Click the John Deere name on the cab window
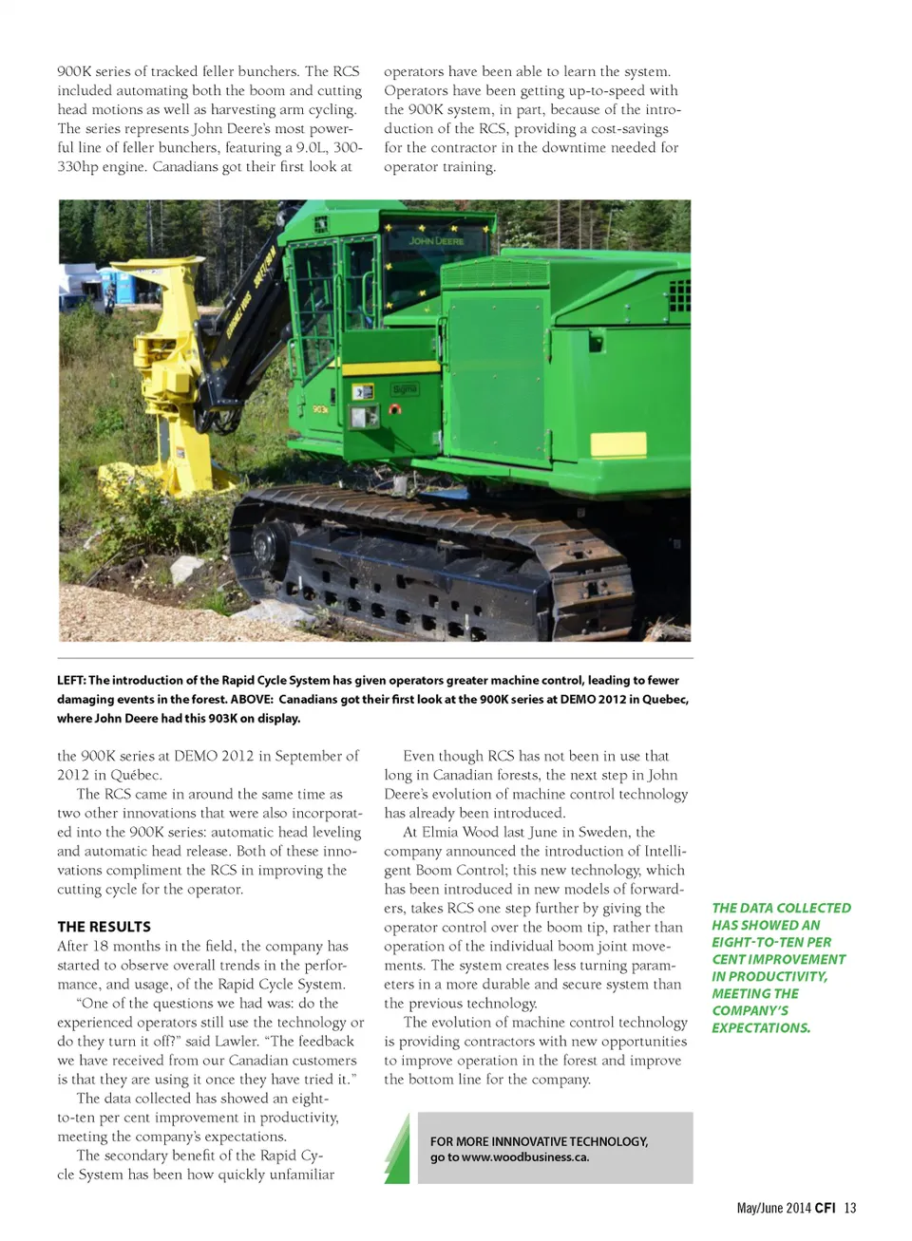[x=436, y=241]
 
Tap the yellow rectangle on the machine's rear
[x=618, y=443]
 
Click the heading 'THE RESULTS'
[x=104, y=927]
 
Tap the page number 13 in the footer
[x=850, y=1208]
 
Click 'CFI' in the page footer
[x=825, y=1208]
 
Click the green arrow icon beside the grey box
[x=397, y=1149]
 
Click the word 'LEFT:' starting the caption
[x=71, y=680]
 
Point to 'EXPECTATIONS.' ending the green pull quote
[x=761, y=1027]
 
